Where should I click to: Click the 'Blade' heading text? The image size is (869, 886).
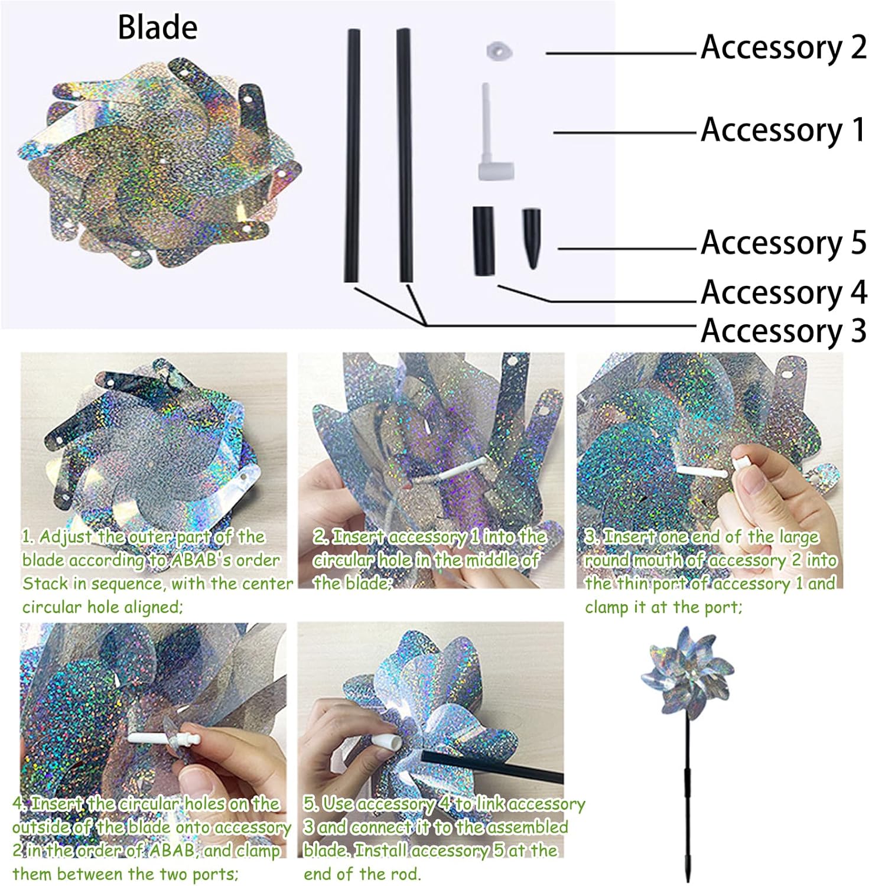(x=158, y=27)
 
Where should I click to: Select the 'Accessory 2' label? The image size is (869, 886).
(x=783, y=47)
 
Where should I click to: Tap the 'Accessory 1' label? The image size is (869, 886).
(x=783, y=130)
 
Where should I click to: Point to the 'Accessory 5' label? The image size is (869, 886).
(x=783, y=243)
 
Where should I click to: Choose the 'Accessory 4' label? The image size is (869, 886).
(x=783, y=292)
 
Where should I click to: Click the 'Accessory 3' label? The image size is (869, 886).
(x=783, y=330)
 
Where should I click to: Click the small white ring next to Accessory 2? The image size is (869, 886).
(x=499, y=51)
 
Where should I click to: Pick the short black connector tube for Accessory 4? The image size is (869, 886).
(x=483, y=240)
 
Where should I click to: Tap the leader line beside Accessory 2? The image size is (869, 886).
(x=620, y=53)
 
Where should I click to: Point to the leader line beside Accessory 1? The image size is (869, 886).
(x=624, y=132)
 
